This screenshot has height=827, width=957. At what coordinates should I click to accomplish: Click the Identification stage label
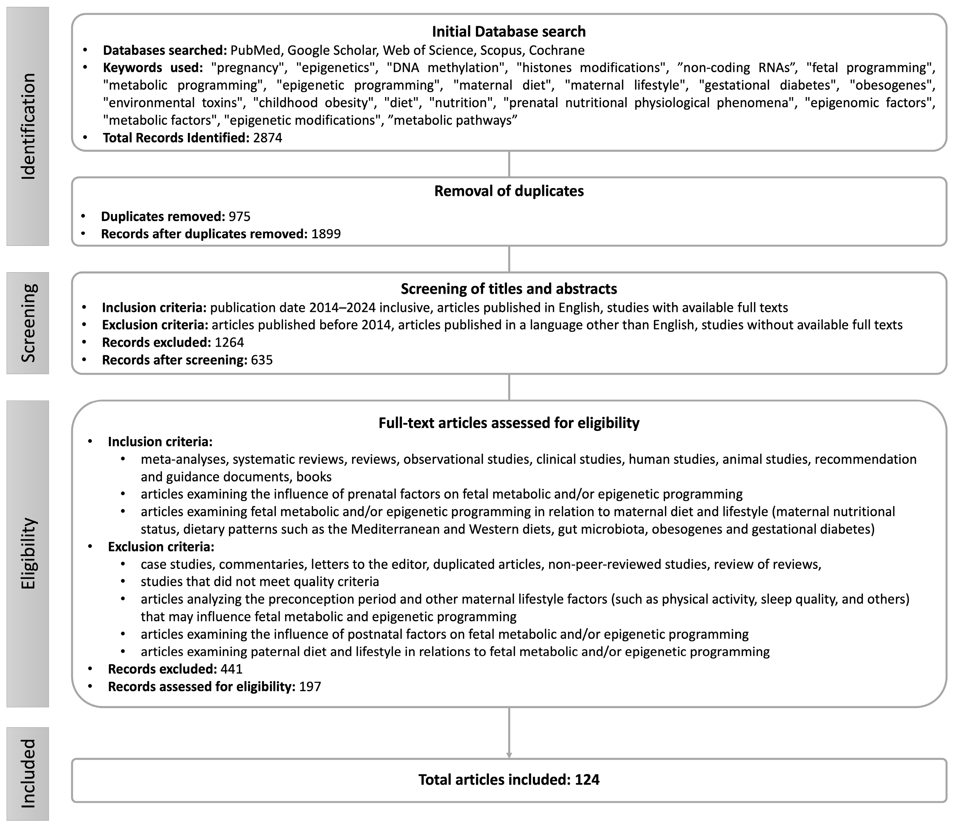[28, 126]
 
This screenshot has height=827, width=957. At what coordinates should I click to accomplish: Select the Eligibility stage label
[28, 554]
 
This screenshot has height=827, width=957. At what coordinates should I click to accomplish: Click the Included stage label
[28, 773]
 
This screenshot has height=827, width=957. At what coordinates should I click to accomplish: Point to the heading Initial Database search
[509, 31]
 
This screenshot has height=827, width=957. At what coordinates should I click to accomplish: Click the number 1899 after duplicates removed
[326, 234]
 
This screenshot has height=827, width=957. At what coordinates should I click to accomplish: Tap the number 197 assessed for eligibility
[310, 686]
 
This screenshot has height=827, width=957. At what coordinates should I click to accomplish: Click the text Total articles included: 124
[509, 779]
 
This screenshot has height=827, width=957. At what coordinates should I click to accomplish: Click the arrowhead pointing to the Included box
[509, 755]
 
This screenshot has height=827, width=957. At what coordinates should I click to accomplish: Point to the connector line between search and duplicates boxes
[509, 164]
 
